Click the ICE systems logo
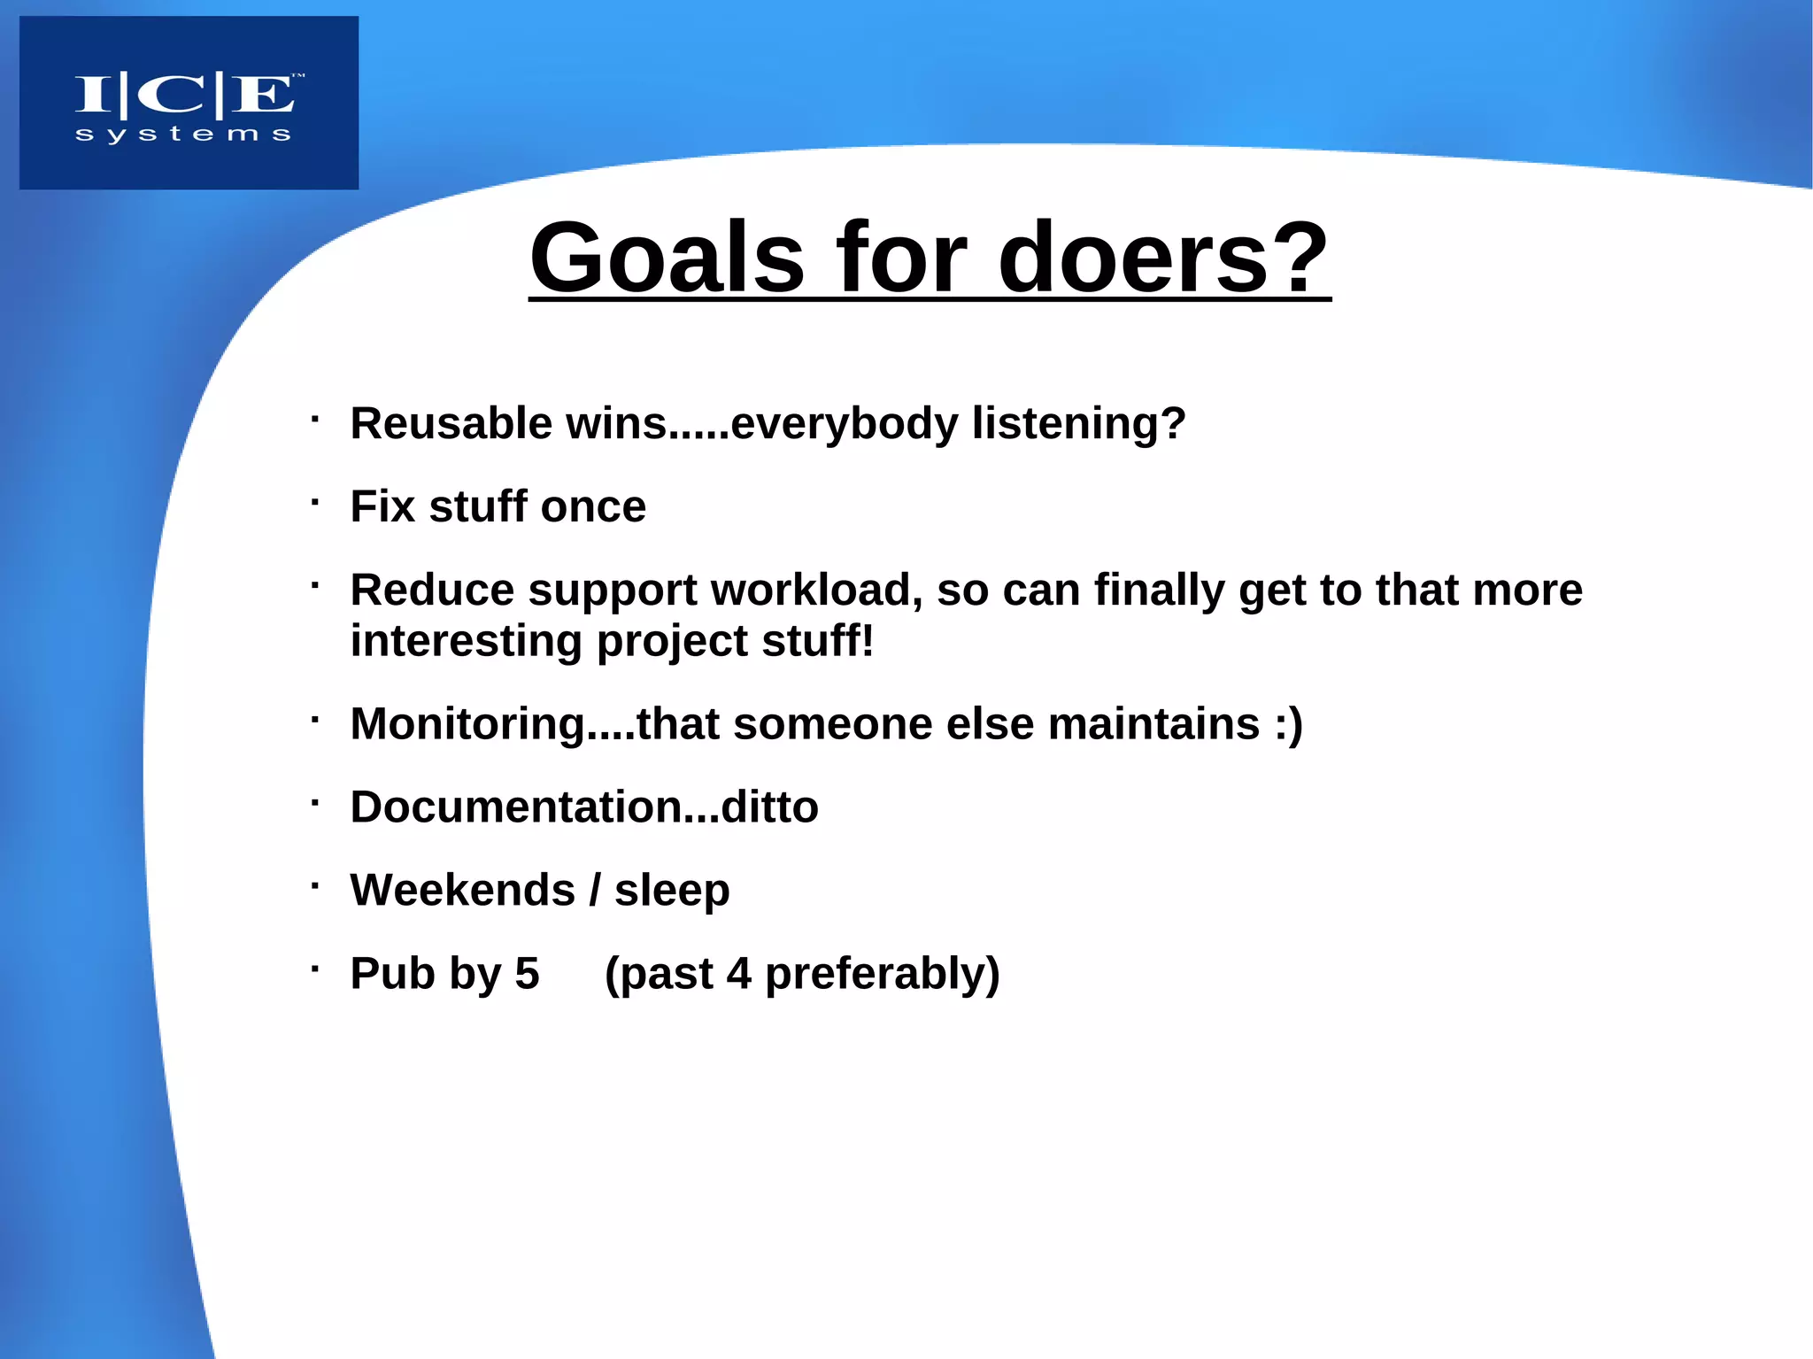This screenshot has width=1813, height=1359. pyautogui.click(x=189, y=102)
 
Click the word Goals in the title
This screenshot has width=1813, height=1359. pyautogui.click(x=667, y=259)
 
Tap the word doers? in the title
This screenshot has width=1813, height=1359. pyautogui.click(x=1163, y=259)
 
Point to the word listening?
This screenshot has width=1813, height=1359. pyautogui.click(x=1078, y=423)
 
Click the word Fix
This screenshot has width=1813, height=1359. pyautogui.click(x=382, y=506)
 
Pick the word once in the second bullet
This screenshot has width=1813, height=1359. pyautogui.click(x=593, y=506)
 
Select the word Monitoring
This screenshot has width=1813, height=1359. pyautogui.click(x=467, y=723)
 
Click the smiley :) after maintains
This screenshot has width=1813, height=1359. pyautogui.click(x=1289, y=723)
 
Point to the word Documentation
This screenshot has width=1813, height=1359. pyautogui.click(x=516, y=807)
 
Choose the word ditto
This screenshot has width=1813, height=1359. pyautogui.click(x=769, y=807)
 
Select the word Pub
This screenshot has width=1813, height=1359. pyautogui.click(x=392, y=973)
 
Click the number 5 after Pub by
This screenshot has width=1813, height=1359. pyautogui.click(x=527, y=973)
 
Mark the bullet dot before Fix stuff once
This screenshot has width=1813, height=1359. pyautogui.click(x=314, y=502)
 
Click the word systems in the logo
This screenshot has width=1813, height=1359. pyautogui.click(x=183, y=135)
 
